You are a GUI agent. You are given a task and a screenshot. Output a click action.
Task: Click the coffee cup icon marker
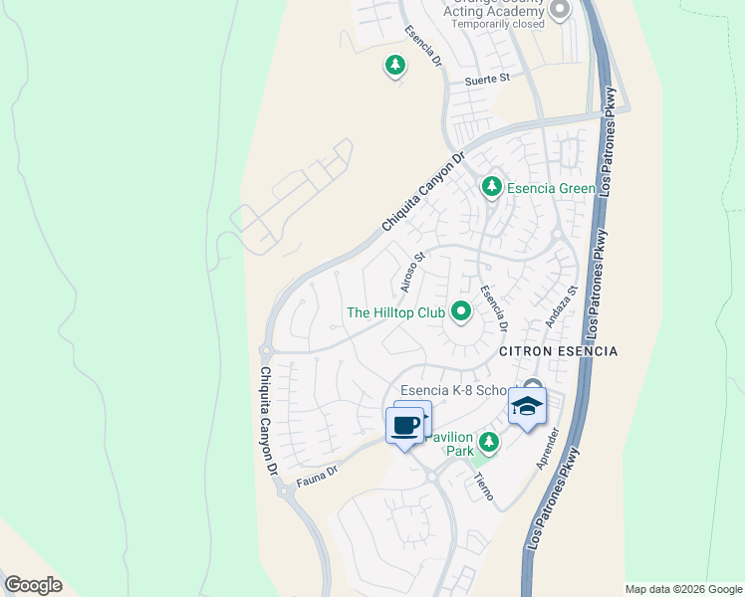pos(404,427)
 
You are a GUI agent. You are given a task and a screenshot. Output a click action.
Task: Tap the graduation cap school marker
pos(527,405)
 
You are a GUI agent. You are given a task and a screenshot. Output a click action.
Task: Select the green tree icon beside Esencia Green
pos(491,187)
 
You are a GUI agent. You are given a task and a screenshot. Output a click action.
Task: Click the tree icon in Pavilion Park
pos(488,442)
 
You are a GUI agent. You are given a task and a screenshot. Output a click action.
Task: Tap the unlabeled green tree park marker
pos(395,67)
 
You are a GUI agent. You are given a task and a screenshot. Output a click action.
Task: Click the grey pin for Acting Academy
pos(559,10)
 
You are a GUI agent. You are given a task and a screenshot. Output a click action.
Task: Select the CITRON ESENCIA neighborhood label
pos(558,352)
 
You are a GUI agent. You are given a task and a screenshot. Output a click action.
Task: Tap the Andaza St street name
pos(562,306)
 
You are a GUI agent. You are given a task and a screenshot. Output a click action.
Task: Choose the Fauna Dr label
pos(318,480)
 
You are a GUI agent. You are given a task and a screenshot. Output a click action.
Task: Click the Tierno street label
pos(484,486)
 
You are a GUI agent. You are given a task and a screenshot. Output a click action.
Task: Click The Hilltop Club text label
pos(394,312)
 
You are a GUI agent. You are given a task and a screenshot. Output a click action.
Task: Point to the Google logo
pos(33,585)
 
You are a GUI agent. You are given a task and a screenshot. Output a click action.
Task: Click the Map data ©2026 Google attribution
pos(683,589)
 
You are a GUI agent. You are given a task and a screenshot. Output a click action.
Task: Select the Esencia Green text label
pos(552,188)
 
